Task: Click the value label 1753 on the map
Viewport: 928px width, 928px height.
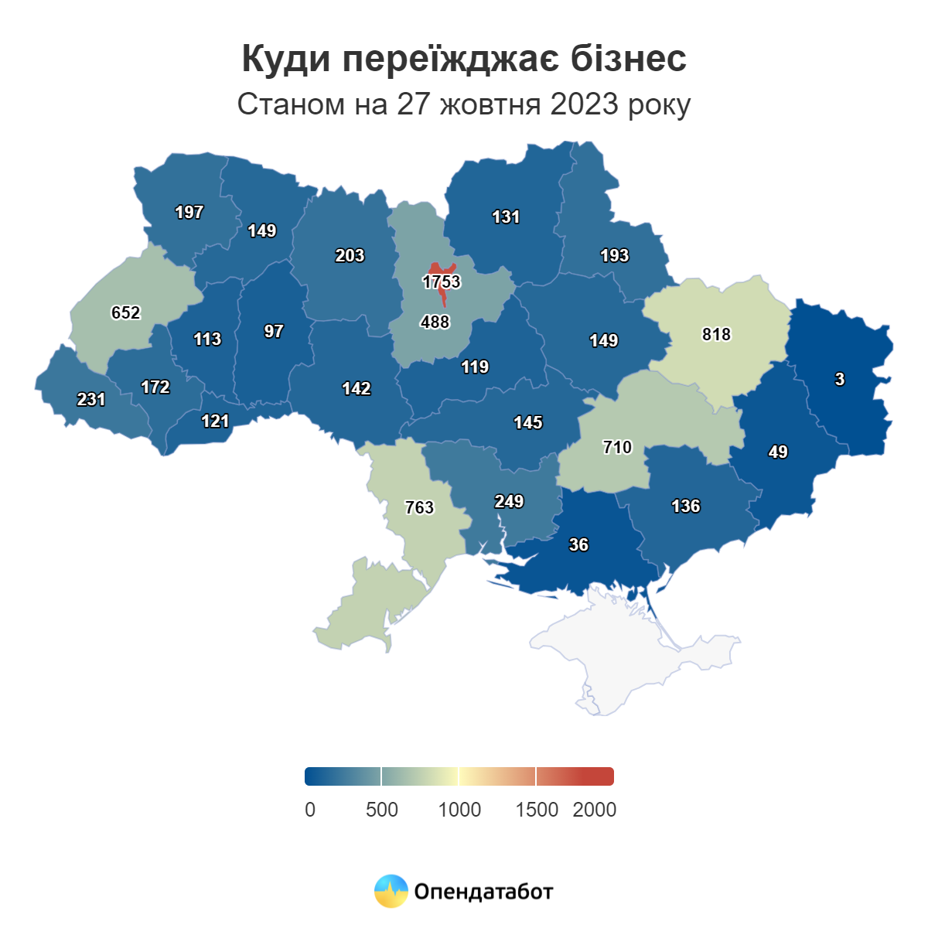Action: (x=442, y=282)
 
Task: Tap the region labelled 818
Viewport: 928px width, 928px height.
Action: (x=716, y=334)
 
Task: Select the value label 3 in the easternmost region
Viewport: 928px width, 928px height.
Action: (x=840, y=379)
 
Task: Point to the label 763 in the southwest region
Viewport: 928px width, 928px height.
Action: (x=419, y=507)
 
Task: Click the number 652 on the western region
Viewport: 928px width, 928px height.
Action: (x=125, y=312)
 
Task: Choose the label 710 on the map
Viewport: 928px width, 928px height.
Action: (x=617, y=447)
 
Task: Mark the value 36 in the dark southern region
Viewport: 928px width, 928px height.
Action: (x=578, y=544)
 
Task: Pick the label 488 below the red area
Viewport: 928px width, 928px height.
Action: (x=435, y=322)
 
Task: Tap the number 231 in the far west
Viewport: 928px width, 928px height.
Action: (x=91, y=399)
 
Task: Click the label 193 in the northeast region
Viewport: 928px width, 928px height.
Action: (x=615, y=255)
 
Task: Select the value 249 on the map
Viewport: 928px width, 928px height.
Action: (x=509, y=501)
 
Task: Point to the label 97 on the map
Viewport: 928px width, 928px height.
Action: (x=274, y=331)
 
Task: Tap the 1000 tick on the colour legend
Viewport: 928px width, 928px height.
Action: (x=459, y=810)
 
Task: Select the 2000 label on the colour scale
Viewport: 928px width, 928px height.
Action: (x=594, y=810)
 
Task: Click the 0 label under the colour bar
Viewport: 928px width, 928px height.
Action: (x=310, y=810)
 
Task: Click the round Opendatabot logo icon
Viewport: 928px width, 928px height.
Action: (x=391, y=891)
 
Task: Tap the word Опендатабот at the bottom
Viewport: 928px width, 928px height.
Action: (x=483, y=892)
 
